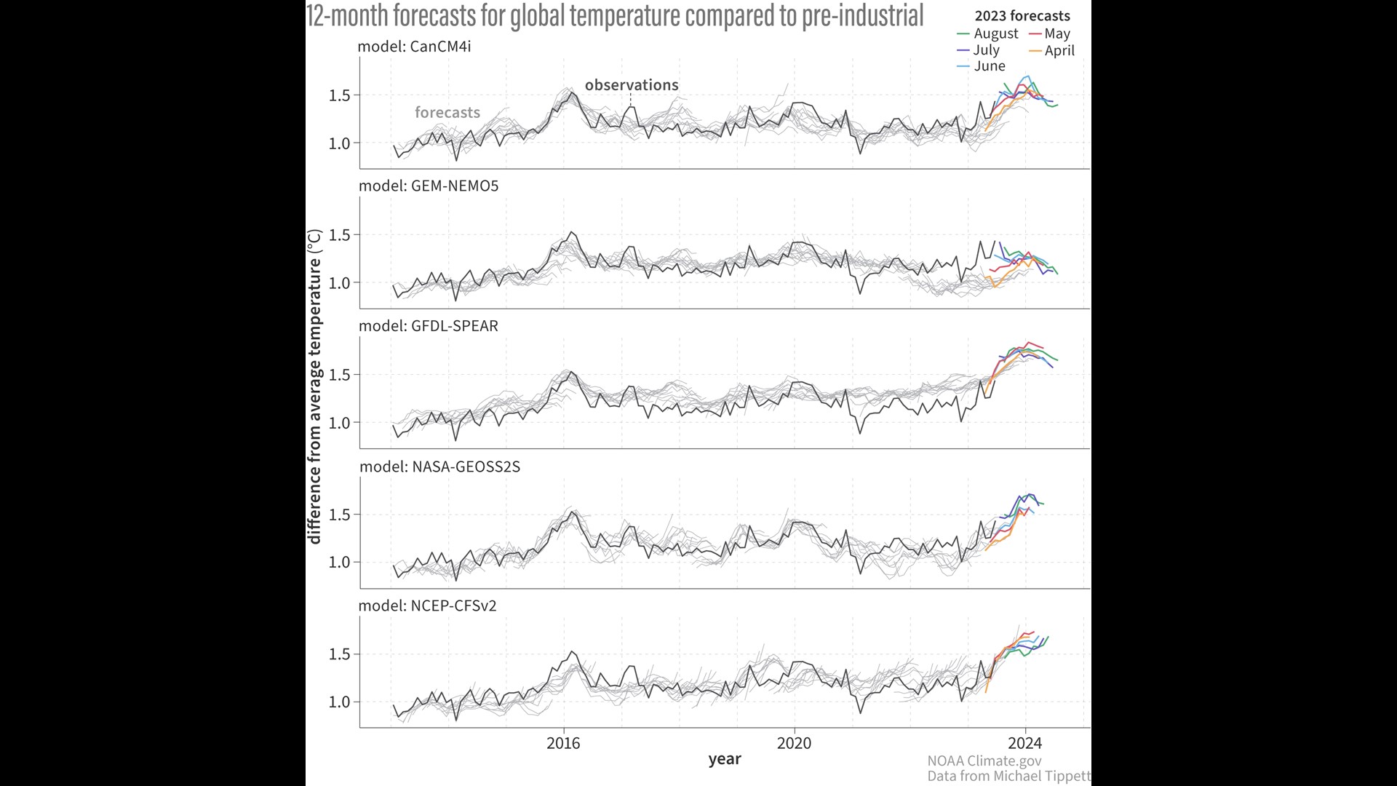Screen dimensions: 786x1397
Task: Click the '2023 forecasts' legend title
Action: pyautogui.click(x=1022, y=16)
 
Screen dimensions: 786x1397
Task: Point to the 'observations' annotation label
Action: pyautogui.click(x=632, y=85)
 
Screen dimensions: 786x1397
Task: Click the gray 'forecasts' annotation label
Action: pyautogui.click(x=447, y=113)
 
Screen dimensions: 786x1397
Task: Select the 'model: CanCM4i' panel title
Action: pyautogui.click(x=414, y=47)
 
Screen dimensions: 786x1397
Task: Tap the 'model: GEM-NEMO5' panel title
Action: pyautogui.click(x=429, y=186)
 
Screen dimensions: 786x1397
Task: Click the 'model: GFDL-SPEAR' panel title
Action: pyautogui.click(x=429, y=326)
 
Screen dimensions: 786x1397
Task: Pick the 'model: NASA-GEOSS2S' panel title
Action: pyautogui.click(x=440, y=467)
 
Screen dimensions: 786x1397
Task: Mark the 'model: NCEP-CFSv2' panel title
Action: pyautogui.click(x=428, y=606)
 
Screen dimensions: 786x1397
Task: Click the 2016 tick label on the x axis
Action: pyautogui.click(x=563, y=743)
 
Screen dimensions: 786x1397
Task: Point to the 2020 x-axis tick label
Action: pyautogui.click(x=794, y=743)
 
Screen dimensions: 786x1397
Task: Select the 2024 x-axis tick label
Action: pyautogui.click(x=1024, y=743)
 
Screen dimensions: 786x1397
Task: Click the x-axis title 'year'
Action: pyautogui.click(x=725, y=759)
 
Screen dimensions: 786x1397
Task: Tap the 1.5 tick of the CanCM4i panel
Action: pyautogui.click(x=339, y=95)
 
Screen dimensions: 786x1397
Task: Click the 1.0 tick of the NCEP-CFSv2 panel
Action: pyautogui.click(x=339, y=702)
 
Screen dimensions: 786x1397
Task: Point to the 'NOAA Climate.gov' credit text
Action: pyautogui.click(x=984, y=761)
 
